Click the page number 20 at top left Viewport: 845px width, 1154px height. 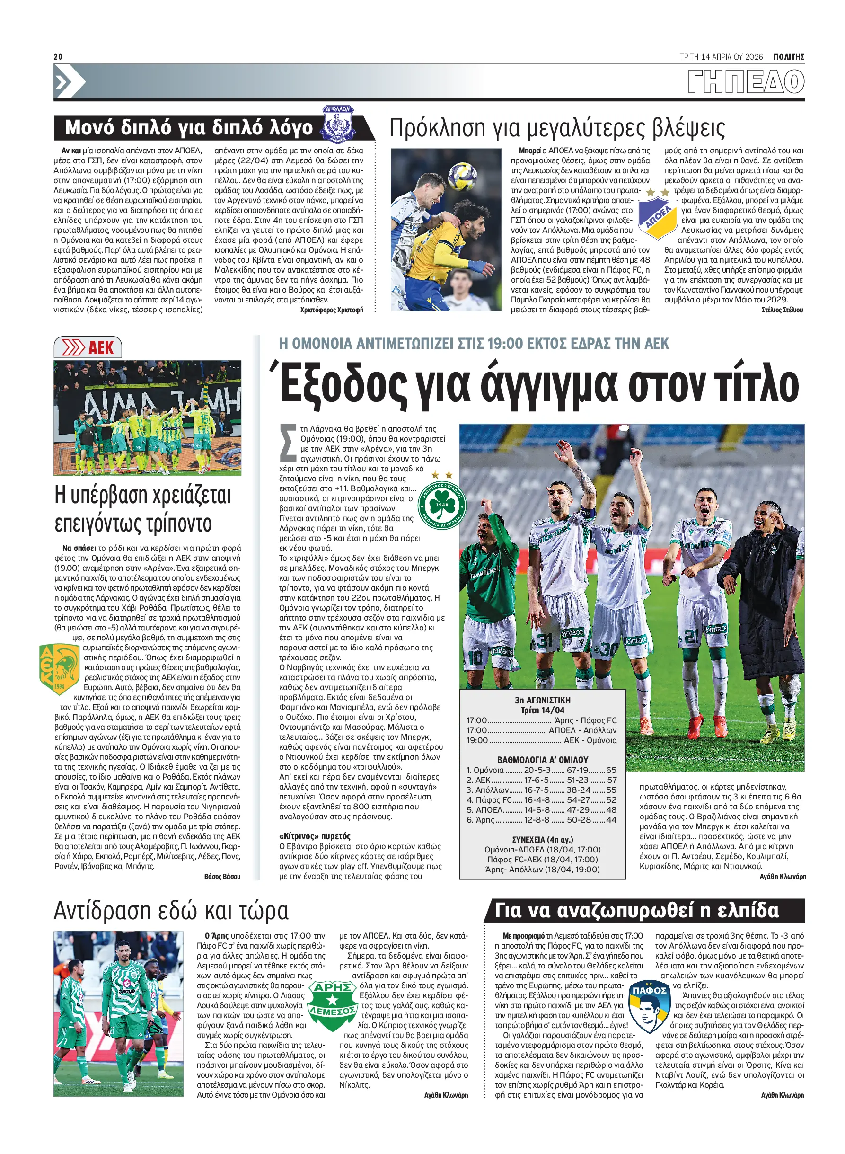tap(58, 57)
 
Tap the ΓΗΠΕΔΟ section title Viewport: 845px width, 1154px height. tap(746, 82)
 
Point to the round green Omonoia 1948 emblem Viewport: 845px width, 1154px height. tap(442, 505)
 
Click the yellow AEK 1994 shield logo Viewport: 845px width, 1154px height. tap(59, 668)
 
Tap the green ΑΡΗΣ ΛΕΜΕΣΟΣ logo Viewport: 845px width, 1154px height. tap(333, 1005)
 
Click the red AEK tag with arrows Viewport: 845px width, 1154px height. tap(88, 348)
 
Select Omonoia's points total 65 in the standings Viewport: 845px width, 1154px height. tap(611, 770)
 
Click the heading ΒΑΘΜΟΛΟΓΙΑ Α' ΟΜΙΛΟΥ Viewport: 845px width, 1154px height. tap(542, 760)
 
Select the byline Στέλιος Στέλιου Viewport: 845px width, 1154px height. tap(782, 310)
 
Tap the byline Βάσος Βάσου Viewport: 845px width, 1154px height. tap(222, 877)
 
